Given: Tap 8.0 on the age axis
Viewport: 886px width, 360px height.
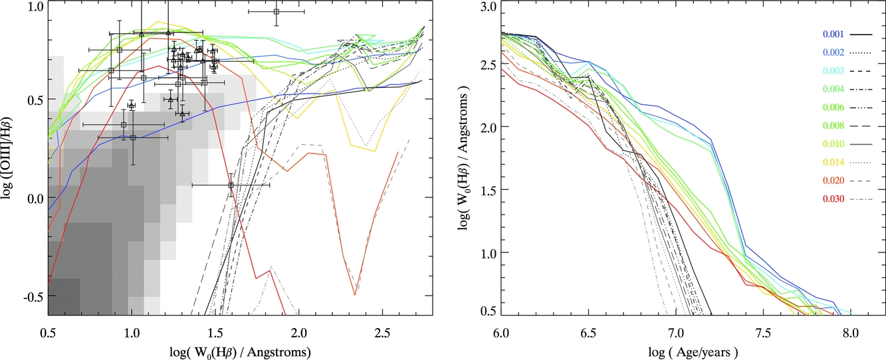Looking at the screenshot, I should [850, 331].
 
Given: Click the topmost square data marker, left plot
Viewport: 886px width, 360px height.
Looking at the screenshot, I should [277, 11].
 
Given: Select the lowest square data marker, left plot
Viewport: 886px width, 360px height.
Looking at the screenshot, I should [231, 185].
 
